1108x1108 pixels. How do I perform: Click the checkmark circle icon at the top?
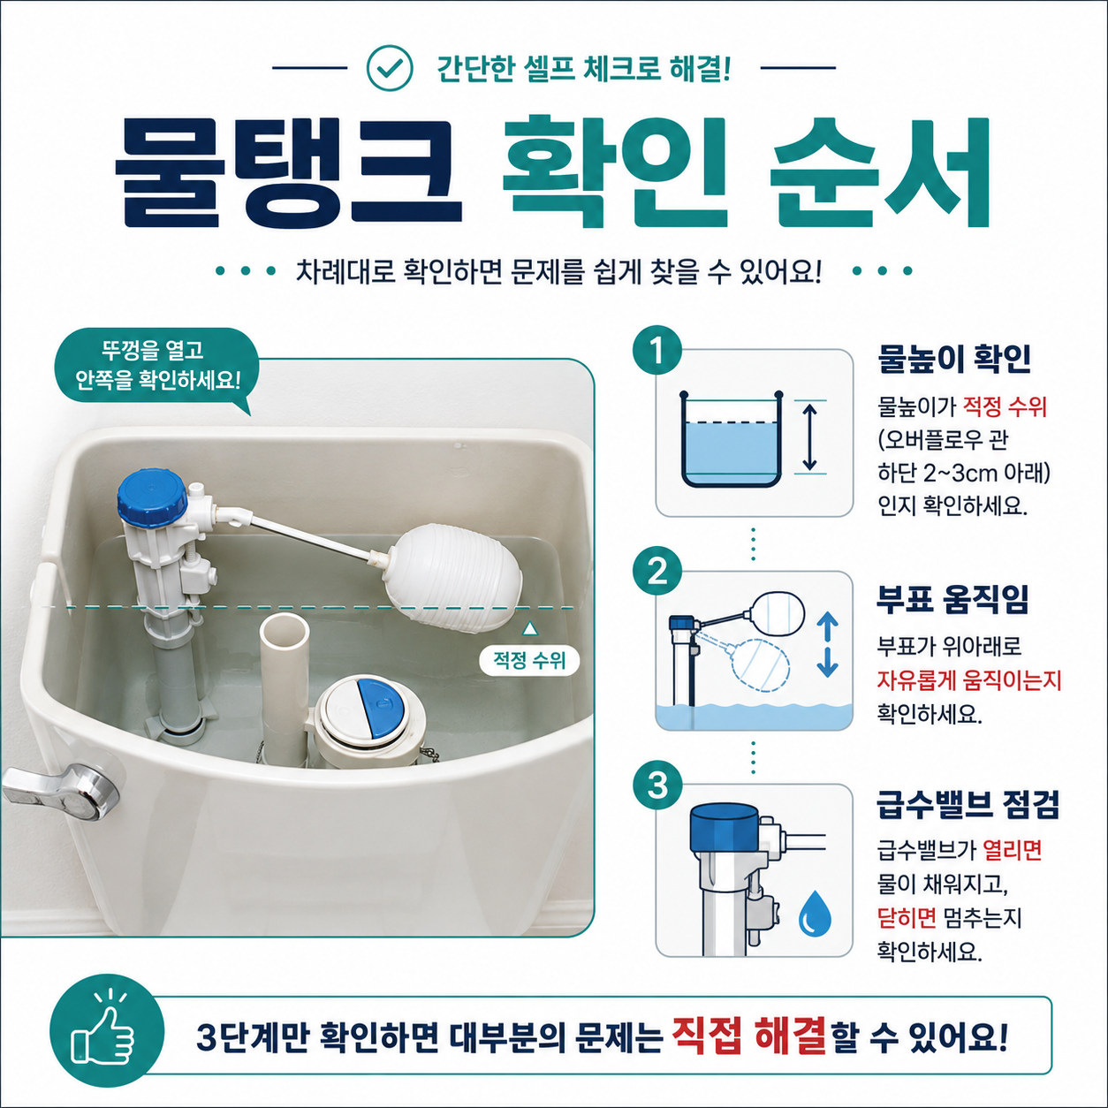[x=390, y=68]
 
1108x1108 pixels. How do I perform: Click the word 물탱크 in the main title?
[x=288, y=172]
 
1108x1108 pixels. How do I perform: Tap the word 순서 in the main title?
[x=882, y=172]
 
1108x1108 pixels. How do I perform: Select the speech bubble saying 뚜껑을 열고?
[x=156, y=367]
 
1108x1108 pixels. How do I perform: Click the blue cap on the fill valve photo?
[x=152, y=497]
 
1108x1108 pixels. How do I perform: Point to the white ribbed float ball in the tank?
[x=454, y=578]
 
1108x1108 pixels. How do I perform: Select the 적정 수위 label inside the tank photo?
[x=529, y=661]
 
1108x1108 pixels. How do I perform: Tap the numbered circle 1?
[x=657, y=351]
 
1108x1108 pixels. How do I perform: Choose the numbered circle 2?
[x=657, y=572]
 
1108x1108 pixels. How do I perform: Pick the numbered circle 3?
[x=657, y=785]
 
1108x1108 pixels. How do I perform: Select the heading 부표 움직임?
[x=952, y=600]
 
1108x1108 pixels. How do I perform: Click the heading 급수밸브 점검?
[x=968, y=804]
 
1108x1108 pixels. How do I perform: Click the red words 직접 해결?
[x=749, y=1036]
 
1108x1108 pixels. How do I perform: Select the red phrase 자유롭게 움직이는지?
[x=969, y=680]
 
